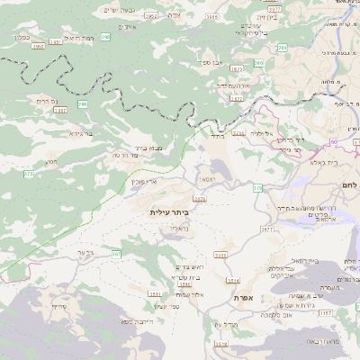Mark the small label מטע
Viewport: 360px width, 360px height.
[50, 161]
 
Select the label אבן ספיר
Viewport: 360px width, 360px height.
[212, 62]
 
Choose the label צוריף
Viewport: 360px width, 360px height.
[59, 307]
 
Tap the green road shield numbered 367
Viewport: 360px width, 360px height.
[115, 255]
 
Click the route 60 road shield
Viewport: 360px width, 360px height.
[332, 142]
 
